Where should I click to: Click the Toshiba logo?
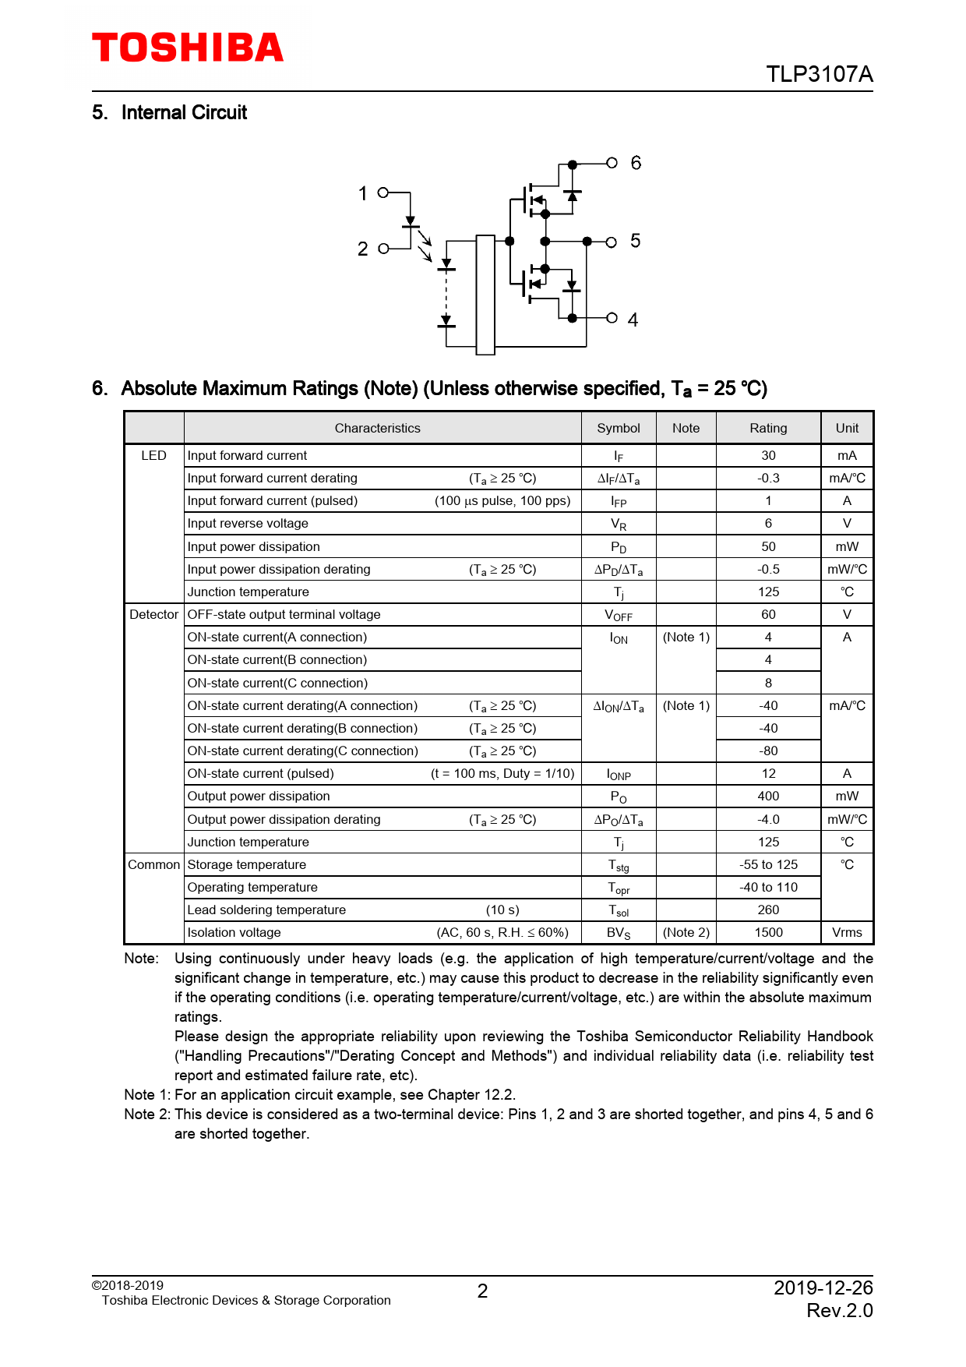point(188,48)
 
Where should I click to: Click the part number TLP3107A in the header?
point(819,74)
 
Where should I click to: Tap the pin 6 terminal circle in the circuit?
point(612,163)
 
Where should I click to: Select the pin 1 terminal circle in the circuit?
point(383,193)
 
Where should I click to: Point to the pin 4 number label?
point(633,320)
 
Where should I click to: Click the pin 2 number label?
point(362,249)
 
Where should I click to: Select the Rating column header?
point(768,428)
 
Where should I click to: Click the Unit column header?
point(847,428)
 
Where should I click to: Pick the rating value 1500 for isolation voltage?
point(768,932)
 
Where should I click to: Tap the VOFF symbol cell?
point(619,615)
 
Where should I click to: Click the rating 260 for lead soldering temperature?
point(768,910)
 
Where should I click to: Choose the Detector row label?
point(153,614)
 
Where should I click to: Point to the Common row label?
point(153,864)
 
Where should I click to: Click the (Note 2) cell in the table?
point(686,932)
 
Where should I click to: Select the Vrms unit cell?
point(847,932)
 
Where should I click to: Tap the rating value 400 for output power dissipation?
point(768,796)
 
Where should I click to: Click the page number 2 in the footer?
point(482,1291)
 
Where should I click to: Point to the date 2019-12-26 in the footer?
point(823,1288)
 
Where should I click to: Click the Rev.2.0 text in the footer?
point(839,1311)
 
